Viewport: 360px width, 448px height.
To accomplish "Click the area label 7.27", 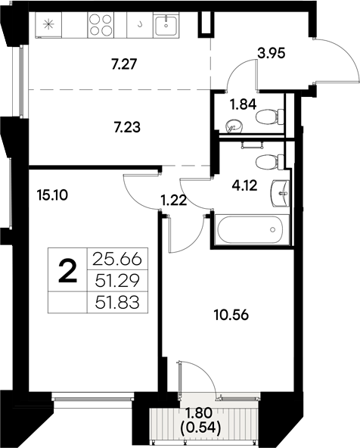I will (123, 66).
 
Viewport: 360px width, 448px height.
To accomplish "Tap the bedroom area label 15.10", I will (51, 194).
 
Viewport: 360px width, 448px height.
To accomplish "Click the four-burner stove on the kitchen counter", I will (102, 25).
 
